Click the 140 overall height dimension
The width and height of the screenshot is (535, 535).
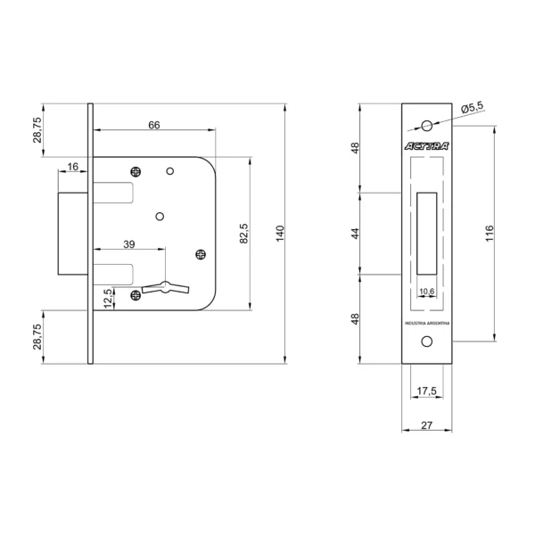tap(280, 234)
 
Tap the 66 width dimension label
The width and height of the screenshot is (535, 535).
tap(154, 125)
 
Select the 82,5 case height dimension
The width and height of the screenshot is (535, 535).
tap(244, 234)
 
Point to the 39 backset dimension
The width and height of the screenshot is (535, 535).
tap(129, 244)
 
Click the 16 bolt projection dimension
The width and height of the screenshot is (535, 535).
tap(73, 167)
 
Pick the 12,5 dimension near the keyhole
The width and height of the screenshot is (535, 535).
tap(108, 299)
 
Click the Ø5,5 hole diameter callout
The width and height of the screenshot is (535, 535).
tap(473, 108)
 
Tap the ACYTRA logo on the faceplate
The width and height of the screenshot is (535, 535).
tap(426, 146)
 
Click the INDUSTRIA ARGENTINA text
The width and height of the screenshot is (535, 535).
tap(427, 323)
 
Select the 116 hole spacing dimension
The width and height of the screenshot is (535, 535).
tap(490, 234)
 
